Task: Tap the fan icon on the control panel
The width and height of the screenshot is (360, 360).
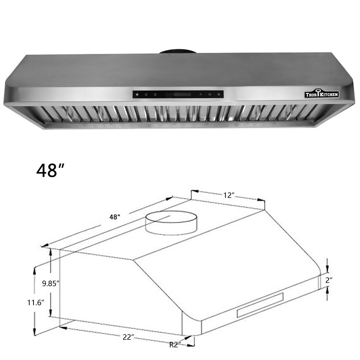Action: pyautogui.click(x=201, y=94)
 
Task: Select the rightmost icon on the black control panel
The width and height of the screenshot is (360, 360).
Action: pyautogui.click(x=219, y=94)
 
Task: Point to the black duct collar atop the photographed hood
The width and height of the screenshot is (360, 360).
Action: pyautogui.click(x=177, y=51)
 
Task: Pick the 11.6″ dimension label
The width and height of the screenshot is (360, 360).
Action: pyautogui.click(x=36, y=302)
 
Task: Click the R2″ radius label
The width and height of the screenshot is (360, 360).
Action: pyautogui.click(x=175, y=344)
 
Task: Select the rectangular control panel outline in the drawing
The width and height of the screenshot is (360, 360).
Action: pyautogui.click(x=260, y=305)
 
